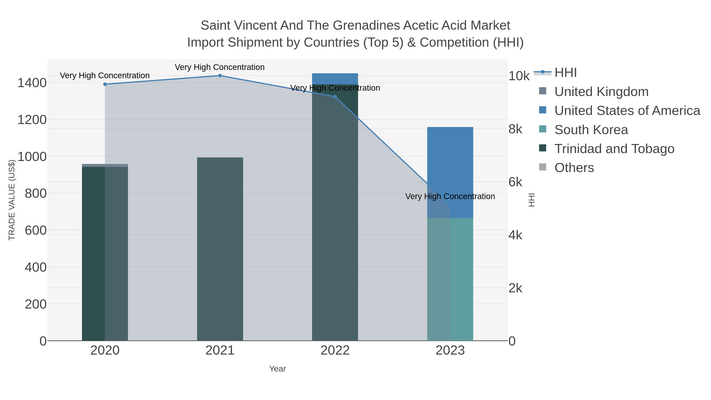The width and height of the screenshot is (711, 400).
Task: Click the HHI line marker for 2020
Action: point(105,84)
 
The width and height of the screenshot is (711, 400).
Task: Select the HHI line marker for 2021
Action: point(220,76)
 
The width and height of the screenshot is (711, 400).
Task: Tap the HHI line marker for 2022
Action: point(335,97)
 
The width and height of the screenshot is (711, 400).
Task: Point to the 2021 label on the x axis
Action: point(220,351)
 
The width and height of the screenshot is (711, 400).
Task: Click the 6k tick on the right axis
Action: point(515,182)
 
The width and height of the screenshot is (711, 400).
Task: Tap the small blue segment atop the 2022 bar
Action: point(335,79)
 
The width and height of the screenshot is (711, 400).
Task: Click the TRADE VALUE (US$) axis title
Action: point(12,200)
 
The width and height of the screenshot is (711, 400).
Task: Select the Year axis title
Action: point(277,369)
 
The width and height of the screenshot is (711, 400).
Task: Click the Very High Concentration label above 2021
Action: point(220,67)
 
